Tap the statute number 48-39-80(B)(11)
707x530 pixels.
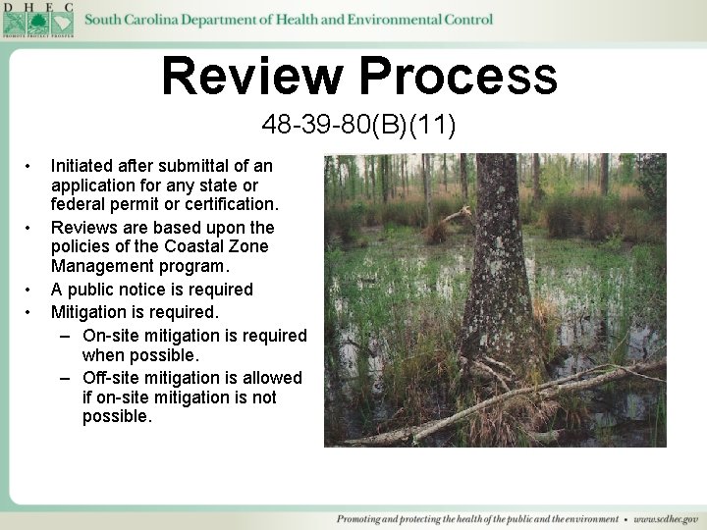point(358,126)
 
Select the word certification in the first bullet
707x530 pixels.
point(232,205)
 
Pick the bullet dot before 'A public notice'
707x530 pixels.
point(31,290)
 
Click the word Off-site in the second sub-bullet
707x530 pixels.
point(111,378)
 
